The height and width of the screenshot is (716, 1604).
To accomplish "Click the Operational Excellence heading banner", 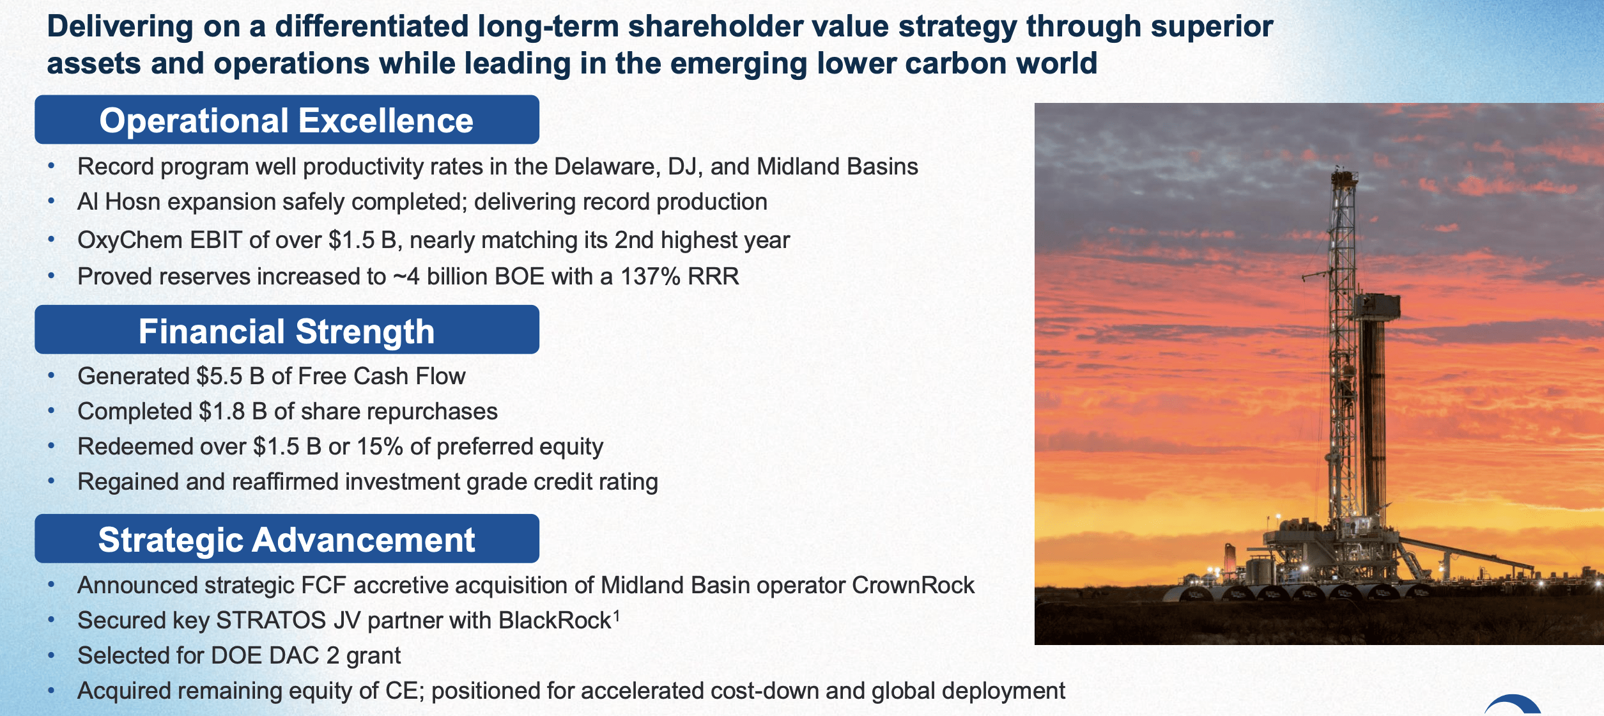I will click(286, 120).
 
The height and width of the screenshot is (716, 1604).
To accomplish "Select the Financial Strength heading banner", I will click(286, 331).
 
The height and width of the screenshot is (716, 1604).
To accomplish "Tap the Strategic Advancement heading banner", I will click(286, 540).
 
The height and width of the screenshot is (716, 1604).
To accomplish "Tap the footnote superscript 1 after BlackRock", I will click(617, 616).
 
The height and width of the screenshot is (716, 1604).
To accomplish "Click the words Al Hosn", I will click(118, 202).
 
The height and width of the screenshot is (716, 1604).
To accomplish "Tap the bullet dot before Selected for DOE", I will click(51, 655).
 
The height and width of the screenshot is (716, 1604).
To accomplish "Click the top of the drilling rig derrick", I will click(1344, 171).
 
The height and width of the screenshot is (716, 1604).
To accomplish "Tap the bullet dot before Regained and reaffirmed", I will click(51, 481).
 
